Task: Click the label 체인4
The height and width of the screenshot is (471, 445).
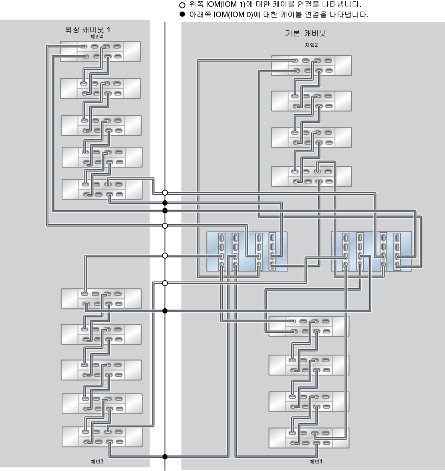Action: (97, 36)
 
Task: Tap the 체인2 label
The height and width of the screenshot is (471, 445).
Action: (311, 45)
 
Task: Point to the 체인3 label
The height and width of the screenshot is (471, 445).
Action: (97, 461)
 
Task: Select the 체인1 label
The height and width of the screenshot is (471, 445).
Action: (316, 461)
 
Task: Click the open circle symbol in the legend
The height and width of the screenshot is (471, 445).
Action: (183, 6)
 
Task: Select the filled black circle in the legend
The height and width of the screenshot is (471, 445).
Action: (183, 14)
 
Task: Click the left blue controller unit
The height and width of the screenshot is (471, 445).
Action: (247, 252)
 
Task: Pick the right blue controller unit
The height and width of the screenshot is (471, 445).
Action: (371, 252)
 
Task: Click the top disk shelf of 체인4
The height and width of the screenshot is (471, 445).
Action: (100, 51)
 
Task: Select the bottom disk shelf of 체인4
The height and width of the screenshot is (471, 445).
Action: (102, 189)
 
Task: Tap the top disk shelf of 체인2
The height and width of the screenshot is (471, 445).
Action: (311, 66)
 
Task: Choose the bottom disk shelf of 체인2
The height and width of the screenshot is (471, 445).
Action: (311, 176)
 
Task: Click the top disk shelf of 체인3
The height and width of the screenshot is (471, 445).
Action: (101, 299)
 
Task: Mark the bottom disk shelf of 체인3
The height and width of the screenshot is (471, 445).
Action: (102, 437)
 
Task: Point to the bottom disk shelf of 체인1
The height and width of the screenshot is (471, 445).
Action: (309, 438)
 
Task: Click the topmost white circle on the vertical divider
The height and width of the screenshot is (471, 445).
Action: (165, 193)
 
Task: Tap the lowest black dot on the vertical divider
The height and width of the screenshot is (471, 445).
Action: (165, 457)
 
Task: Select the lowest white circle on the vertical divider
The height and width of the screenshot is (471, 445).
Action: (165, 283)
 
